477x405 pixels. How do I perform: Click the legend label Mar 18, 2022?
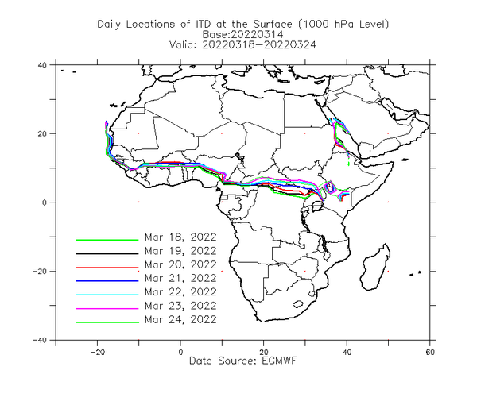coord(180,237)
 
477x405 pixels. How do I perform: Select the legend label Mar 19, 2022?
coord(180,251)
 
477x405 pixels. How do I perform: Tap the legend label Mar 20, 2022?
coord(180,264)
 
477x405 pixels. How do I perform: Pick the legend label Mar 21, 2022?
coord(180,278)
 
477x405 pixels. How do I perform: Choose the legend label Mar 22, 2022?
coord(180,292)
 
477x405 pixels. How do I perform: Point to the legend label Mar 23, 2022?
coord(180,306)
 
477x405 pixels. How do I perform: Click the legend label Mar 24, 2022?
coord(180,319)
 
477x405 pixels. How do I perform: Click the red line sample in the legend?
coord(107,268)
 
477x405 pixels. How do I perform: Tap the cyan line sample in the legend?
coord(107,295)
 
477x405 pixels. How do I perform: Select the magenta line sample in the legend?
coord(107,308)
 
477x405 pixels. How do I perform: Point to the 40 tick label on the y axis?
coord(42,65)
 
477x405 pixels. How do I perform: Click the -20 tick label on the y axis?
coord(40,271)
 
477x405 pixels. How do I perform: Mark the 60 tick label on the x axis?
coord(430,353)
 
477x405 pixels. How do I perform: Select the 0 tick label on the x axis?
coord(180,353)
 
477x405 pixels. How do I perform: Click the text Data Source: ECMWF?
coord(242,361)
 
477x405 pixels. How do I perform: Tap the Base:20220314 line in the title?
coord(242,34)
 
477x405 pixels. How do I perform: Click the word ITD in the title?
coord(202,24)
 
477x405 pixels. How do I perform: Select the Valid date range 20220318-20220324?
coord(259,45)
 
